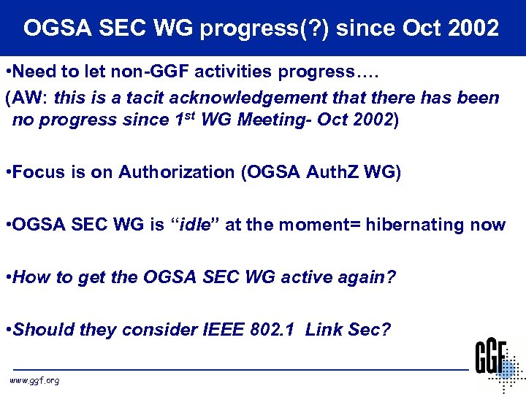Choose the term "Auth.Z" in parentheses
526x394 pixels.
point(331,172)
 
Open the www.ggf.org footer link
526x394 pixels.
point(34,380)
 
